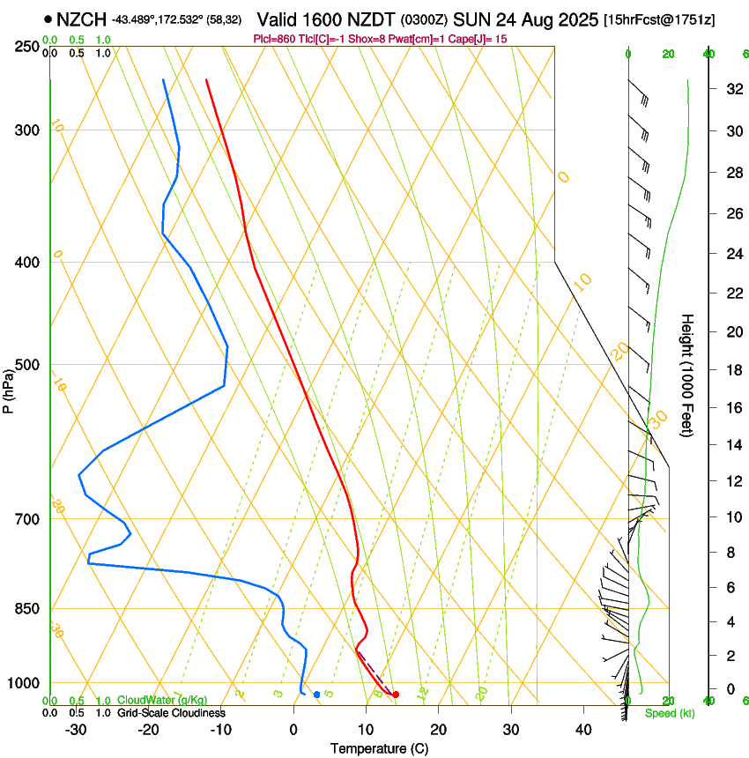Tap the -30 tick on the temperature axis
(76, 729)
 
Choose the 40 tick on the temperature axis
(582, 729)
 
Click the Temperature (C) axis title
(379, 748)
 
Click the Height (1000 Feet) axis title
(687, 375)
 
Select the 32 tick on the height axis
(732, 89)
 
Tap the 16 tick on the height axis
(732, 407)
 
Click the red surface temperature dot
(396, 695)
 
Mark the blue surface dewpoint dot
(317, 695)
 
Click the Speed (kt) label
(669, 713)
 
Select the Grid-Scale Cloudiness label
(171, 712)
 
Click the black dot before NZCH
(47, 19)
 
